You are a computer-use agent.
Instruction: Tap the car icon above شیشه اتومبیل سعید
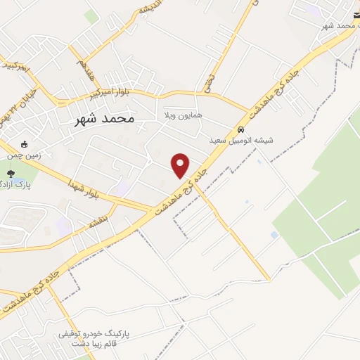coord(240,130)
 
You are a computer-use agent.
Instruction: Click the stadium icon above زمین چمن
coord(25,144)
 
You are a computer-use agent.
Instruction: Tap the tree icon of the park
coord(10,174)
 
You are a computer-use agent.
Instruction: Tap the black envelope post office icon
coord(356,15)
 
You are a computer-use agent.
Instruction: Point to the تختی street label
coord(208,84)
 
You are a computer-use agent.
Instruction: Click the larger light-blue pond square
coord(274,235)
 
